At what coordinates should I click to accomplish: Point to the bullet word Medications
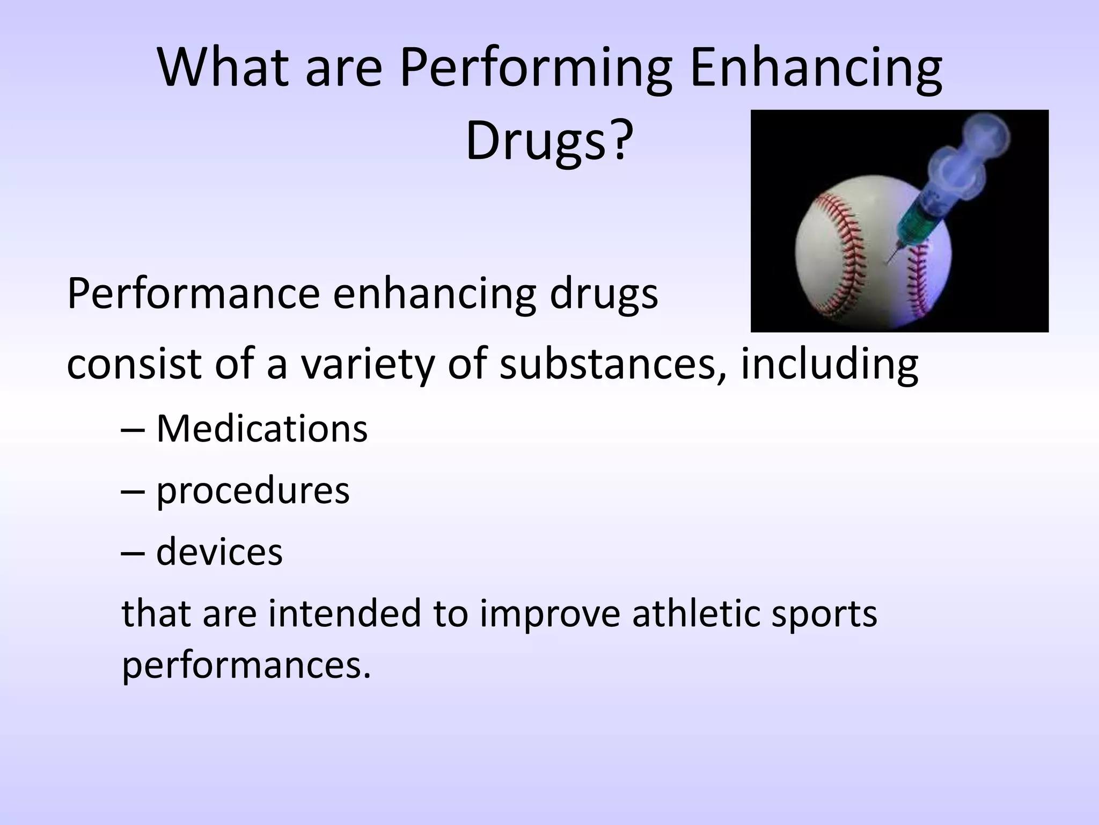point(261,429)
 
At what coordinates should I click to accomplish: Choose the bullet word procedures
point(252,491)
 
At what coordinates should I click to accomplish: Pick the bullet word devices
point(219,552)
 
